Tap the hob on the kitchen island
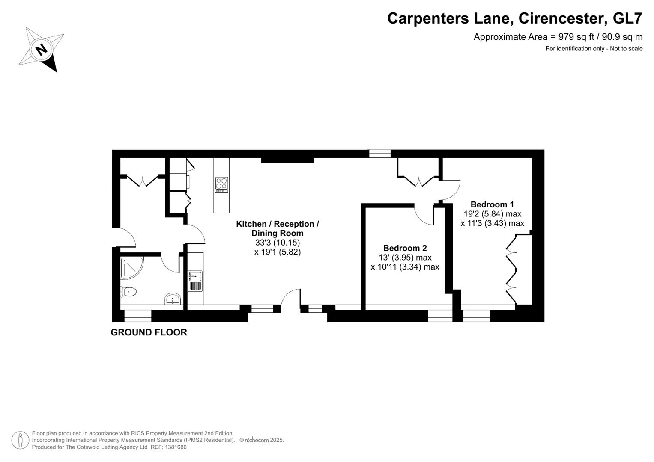(221, 184)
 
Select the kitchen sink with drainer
(195, 281)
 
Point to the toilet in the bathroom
(128, 292)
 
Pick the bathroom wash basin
(173, 299)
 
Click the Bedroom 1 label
(492, 204)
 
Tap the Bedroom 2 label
(405, 248)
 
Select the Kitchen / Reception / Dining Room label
(277, 228)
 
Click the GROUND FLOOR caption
(149, 332)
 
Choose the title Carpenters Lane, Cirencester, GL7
(514, 18)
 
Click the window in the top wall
(380, 154)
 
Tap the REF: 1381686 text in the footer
(168, 447)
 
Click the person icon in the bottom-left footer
(20, 440)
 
